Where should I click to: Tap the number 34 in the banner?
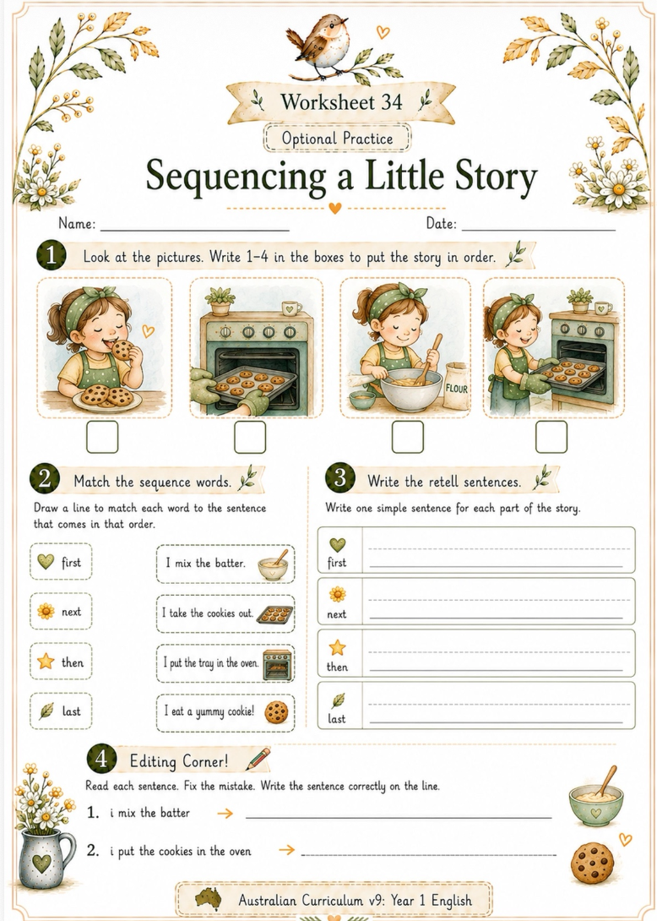tap(392, 101)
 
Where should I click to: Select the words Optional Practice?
tap(337, 139)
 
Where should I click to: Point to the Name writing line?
tap(195, 230)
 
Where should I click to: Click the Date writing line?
tap(539, 230)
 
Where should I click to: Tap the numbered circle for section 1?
tap(52, 256)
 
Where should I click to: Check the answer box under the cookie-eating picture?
tap(102, 437)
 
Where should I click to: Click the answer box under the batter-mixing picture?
tap(408, 437)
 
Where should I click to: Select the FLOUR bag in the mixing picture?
tap(456, 385)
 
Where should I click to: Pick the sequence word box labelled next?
tap(61, 612)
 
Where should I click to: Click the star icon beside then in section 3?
tap(337, 648)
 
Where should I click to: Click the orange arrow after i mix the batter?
tap(225, 814)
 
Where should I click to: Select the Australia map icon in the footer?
tap(209, 899)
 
